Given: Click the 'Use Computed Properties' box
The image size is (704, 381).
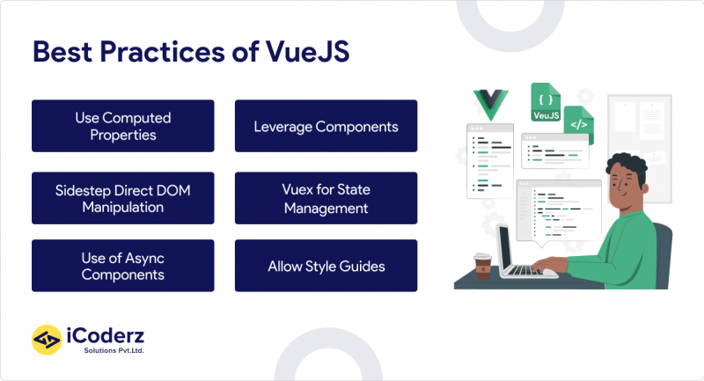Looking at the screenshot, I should (x=122, y=126).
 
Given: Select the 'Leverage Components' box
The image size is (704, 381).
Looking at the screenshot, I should (x=326, y=126).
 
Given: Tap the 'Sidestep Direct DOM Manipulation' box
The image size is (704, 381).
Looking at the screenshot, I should (x=122, y=198).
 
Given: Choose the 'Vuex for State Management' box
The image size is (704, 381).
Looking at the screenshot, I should (x=326, y=198).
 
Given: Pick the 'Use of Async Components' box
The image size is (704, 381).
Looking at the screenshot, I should (x=122, y=266).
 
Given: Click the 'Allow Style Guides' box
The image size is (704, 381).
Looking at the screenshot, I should (x=326, y=266).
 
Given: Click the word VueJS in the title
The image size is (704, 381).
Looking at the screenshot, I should (x=308, y=51).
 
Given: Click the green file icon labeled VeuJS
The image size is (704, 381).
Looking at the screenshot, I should (x=546, y=104).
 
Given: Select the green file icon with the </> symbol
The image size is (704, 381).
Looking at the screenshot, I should (x=578, y=125).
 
